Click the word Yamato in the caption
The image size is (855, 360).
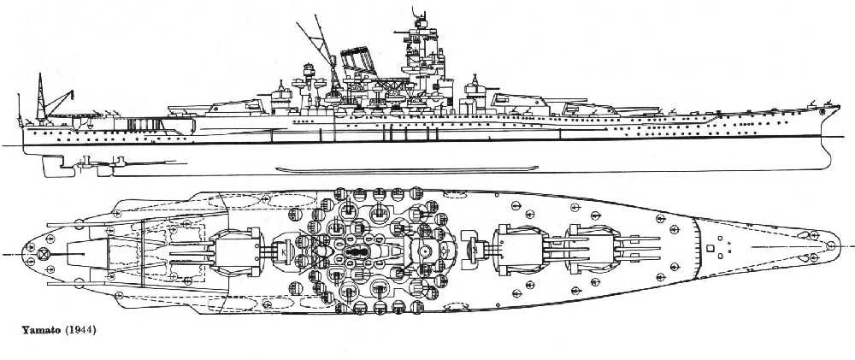tap(41, 330)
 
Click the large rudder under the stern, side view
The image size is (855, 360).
tap(50, 165)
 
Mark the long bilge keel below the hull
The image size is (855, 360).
tap(407, 169)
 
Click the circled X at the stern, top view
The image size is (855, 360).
tap(44, 253)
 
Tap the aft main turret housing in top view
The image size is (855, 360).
tap(237, 252)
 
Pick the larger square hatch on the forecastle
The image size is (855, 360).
tap(710, 248)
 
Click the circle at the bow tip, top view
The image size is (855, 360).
tap(830, 245)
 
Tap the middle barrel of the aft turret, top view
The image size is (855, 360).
tap(191, 253)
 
